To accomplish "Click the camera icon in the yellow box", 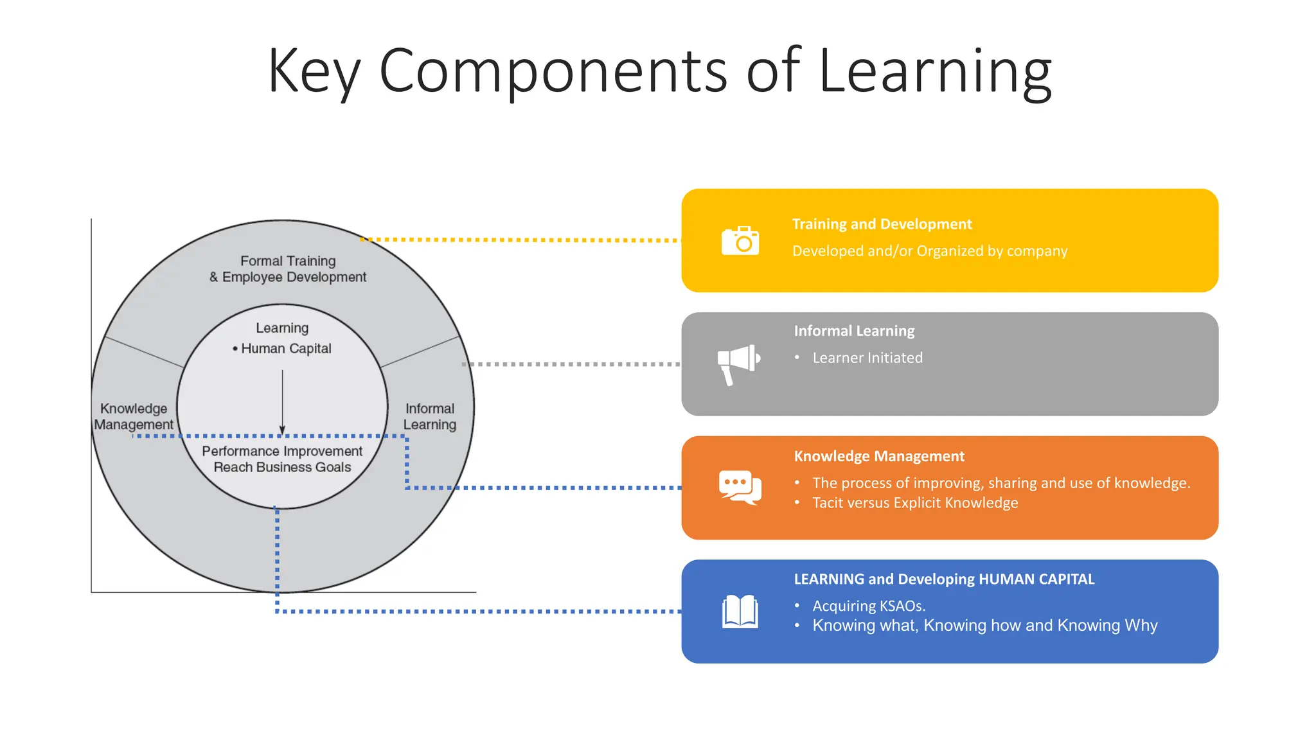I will [740, 241].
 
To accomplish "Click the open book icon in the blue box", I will [740, 611].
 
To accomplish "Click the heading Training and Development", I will [882, 224].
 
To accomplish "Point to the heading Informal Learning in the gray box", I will [854, 331].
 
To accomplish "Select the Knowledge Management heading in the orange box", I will [879, 456].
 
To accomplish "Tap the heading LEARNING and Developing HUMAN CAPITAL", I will [944, 579].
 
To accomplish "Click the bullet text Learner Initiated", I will [867, 358].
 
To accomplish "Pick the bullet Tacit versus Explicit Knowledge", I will [915, 503].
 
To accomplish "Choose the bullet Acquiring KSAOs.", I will [869, 606].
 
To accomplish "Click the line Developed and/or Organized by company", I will [930, 251].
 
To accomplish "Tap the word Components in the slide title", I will [553, 71].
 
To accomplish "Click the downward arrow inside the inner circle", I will [282, 402].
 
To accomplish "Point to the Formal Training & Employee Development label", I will [288, 269].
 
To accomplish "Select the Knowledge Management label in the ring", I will [134, 416].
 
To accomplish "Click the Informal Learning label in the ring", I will [430, 416].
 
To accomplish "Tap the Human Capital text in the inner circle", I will [286, 348].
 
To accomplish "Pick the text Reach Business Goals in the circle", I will [282, 467].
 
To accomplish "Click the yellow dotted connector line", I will [520, 240].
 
